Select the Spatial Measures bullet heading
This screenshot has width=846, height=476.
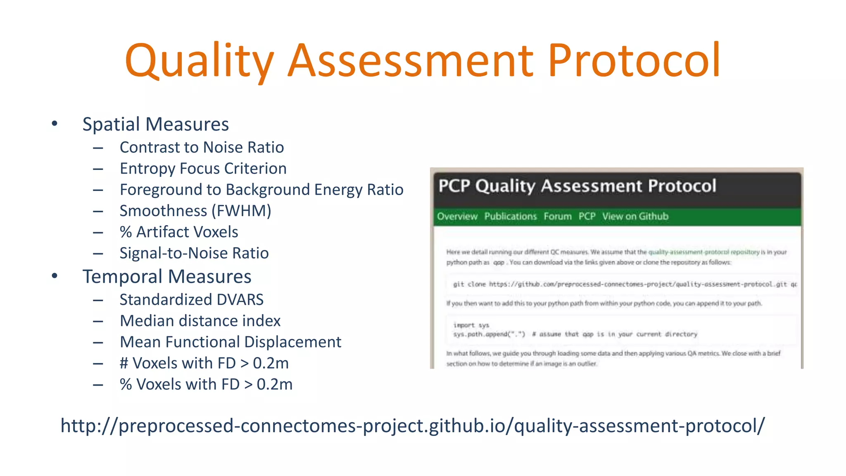(x=155, y=124)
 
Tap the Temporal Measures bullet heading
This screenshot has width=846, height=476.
(x=166, y=276)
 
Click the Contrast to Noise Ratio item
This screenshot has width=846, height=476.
(x=202, y=148)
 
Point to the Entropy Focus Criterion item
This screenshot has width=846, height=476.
(x=203, y=169)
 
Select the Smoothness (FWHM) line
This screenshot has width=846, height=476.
(x=195, y=211)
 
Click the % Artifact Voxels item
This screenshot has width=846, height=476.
(x=179, y=232)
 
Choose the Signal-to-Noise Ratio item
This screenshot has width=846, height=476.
(x=194, y=253)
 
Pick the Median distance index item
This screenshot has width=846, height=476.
(x=200, y=321)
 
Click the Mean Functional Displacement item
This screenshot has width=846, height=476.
(x=230, y=342)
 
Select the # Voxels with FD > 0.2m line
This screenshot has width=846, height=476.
(x=204, y=363)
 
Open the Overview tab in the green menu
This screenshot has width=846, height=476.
(x=457, y=217)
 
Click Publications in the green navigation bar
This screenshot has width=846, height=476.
(x=510, y=217)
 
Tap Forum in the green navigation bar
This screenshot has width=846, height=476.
(x=557, y=217)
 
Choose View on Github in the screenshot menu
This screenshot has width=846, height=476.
(x=635, y=217)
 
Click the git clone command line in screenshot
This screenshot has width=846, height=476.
(x=624, y=284)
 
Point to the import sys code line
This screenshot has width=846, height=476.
(x=471, y=325)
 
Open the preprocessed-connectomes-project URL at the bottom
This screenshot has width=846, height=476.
(x=413, y=426)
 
